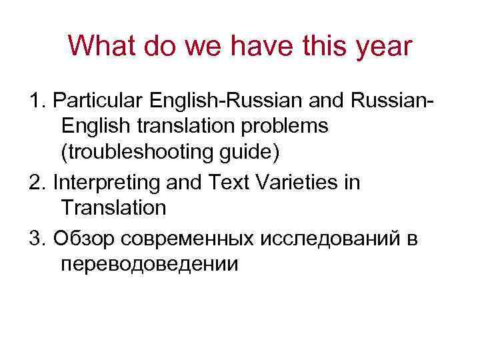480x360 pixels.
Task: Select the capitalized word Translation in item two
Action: tap(113, 207)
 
